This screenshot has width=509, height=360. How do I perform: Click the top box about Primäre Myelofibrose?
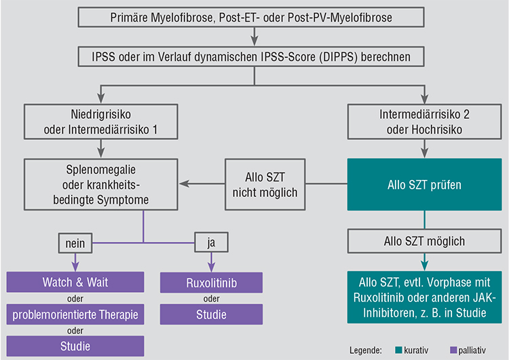pos(251,17)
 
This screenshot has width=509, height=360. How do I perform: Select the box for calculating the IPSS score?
pos(251,57)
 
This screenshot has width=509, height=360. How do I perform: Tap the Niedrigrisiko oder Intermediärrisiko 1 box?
pos(100,122)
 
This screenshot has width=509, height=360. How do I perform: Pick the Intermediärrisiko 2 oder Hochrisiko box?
pos(425,122)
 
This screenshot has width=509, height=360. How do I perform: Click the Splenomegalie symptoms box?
pos(100,185)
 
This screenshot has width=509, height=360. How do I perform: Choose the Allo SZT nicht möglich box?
pos(265,185)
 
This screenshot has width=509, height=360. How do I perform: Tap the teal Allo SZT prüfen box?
pos(425,185)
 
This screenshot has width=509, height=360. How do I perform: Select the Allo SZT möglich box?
pos(425,241)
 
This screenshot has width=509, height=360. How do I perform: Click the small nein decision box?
pos(75,243)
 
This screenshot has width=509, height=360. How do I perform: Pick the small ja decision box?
pos(211,242)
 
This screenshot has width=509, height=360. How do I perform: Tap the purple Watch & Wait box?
pos(75,282)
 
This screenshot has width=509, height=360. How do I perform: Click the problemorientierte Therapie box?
pos(75,314)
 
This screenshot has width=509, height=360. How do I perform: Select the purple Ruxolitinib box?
pos(211,283)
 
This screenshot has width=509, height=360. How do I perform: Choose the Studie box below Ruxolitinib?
pos(211,314)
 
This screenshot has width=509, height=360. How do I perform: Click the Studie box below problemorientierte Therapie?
pos(75,346)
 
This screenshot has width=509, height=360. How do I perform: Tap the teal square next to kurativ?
pos(398,350)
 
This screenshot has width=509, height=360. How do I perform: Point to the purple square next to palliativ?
pos(453,350)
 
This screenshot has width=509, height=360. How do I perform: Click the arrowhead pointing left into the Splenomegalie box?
pos(184,183)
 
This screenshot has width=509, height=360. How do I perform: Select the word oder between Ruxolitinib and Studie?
pos(211,299)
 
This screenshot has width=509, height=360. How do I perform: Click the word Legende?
pos(366,350)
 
